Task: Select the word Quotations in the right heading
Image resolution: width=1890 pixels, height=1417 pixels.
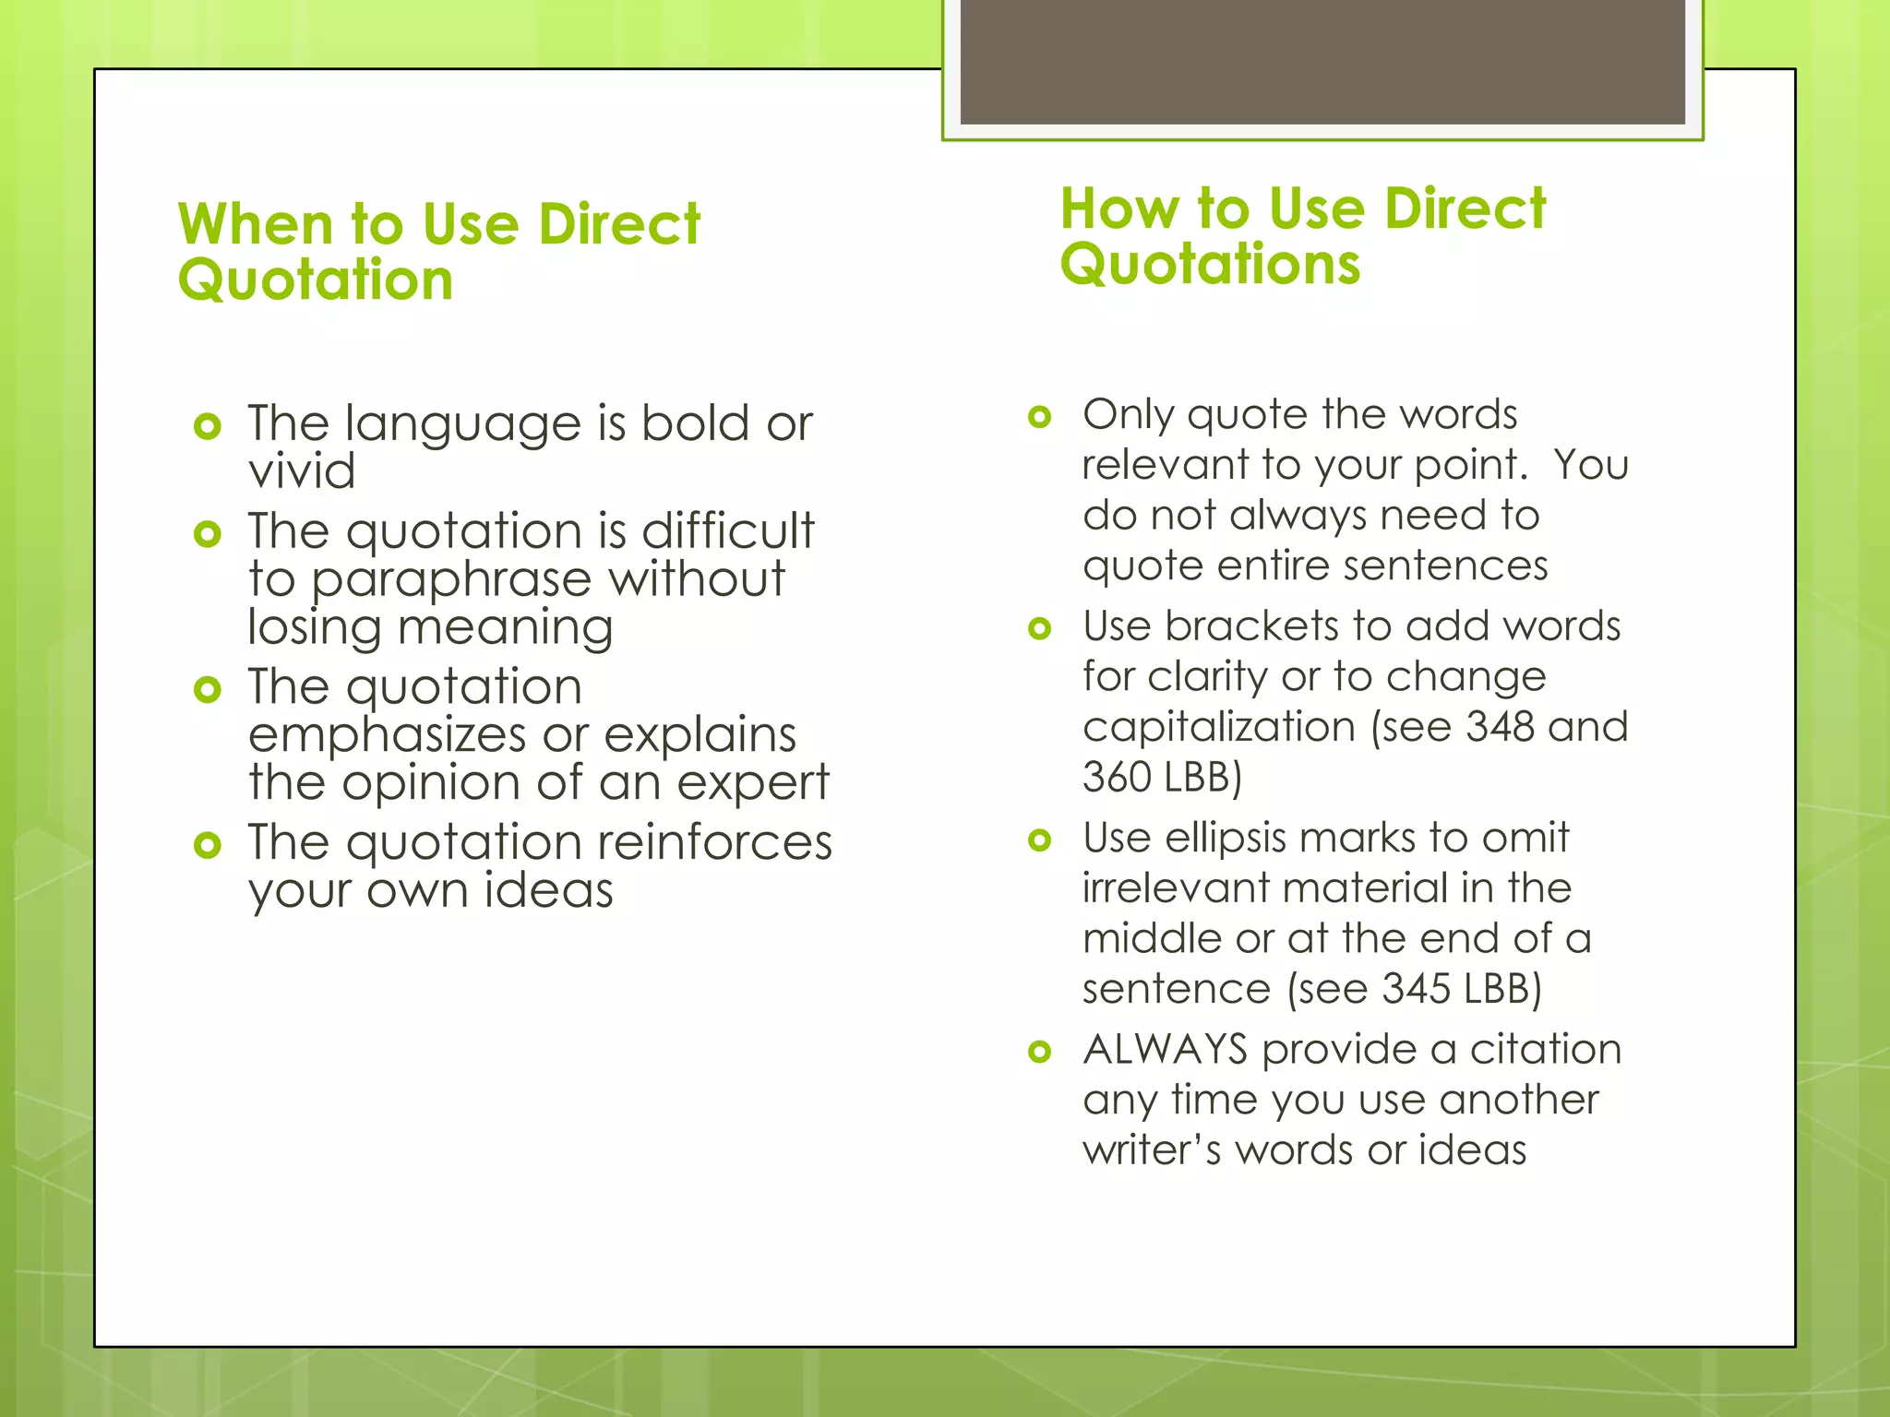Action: click(1210, 265)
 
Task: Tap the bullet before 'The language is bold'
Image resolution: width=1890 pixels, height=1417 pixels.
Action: click(208, 426)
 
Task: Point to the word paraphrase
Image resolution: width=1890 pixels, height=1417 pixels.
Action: click(450, 579)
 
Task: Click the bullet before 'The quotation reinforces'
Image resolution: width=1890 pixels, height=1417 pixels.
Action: click(208, 845)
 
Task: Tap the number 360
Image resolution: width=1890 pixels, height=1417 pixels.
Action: click(1117, 777)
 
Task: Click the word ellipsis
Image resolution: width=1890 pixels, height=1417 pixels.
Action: click(1226, 838)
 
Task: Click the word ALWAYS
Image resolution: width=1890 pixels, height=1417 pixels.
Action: click(1166, 1050)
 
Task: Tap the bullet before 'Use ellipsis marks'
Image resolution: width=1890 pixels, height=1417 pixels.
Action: click(1040, 840)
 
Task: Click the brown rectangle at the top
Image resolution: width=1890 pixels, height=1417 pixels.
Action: click(1322, 61)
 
